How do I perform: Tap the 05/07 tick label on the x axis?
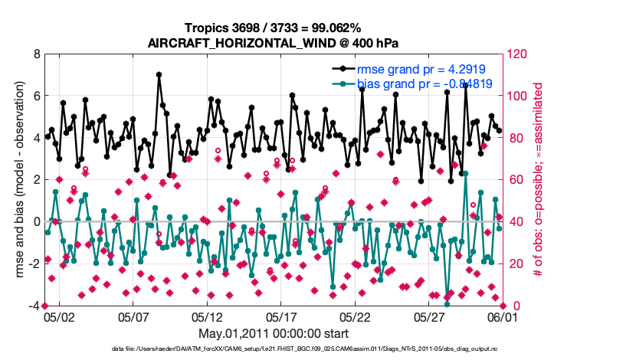[133, 316]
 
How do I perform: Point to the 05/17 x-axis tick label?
[281, 316]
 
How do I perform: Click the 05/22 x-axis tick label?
[356, 316]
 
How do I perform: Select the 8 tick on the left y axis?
[35, 54]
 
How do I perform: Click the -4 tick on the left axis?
[33, 306]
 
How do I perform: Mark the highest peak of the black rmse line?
[159, 75]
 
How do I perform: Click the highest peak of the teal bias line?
[465, 174]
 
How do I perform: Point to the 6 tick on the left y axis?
[35, 97]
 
